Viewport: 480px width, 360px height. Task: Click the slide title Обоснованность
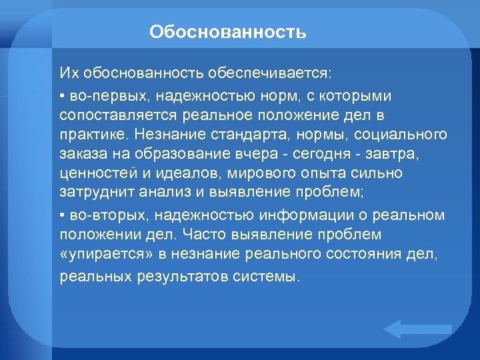pyautogui.click(x=228, y=32)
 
